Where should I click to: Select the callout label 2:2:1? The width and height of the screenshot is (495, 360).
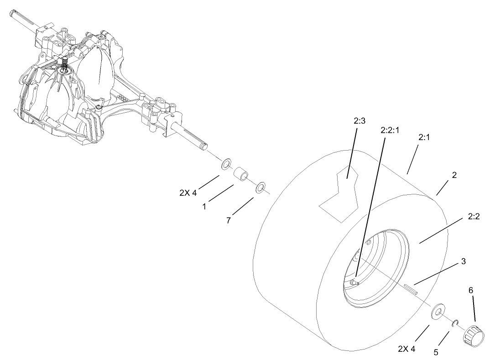pos(390,130)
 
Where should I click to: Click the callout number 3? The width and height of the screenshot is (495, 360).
pos(463,261)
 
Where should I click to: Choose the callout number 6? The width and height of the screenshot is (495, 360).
pos(471,290)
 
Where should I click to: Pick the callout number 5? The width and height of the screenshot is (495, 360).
pos(436,352)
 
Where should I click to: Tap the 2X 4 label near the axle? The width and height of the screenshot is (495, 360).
pos(188,193)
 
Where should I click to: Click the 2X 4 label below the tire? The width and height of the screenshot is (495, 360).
pos(406,349)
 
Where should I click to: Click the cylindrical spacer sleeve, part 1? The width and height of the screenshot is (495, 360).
pos(242,176)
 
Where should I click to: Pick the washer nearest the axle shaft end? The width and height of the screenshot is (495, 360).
pos(226,165)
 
